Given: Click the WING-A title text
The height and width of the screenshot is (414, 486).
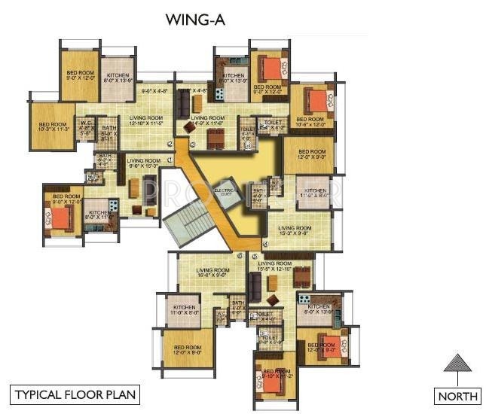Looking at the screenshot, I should pyautogui.click(x=195, y=20).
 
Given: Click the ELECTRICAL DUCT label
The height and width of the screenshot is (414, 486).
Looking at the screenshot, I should pyautogui.click(x=227, y=192).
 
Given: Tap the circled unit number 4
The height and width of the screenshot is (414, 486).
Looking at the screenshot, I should pyautogui.click(x=264, y=244).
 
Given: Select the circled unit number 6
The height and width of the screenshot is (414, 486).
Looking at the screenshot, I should pyautogui.click(x=240, y=256).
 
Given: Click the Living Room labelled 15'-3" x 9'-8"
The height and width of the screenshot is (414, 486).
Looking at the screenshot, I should pyautogui.click(x=294, y=230).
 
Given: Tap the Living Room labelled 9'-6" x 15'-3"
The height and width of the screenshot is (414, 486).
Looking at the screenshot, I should pyautogui.click(x=143, y=163).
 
